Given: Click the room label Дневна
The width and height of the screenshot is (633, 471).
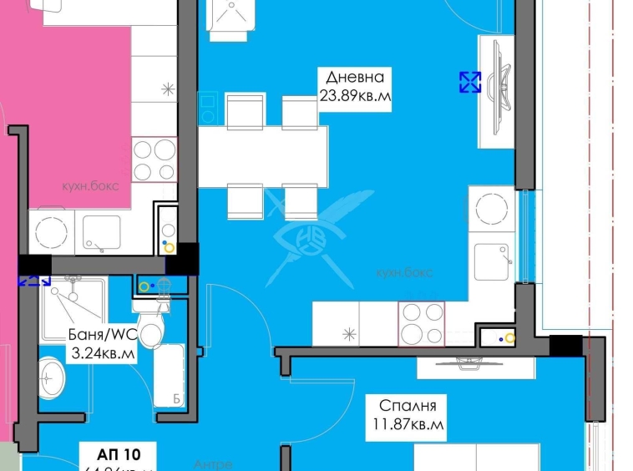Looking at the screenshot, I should click(355, 78).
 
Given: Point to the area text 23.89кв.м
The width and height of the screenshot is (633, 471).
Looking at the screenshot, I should click(355, 95).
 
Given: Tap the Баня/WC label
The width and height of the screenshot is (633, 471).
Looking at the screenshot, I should click(102, 336).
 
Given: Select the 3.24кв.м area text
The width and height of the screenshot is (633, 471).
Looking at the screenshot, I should click(101, 353).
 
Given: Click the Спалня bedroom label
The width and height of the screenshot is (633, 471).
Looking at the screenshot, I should click(408, 406).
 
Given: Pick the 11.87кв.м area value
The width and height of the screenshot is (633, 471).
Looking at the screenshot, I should click(408, 424).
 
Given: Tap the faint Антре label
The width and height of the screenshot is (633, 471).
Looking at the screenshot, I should click(213, 464).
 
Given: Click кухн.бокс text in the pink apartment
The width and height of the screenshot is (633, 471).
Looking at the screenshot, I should click(90, 185).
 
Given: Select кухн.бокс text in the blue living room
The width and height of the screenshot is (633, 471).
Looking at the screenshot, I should click(405, 272).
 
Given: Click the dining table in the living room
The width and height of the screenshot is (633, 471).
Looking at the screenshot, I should click(262, 156).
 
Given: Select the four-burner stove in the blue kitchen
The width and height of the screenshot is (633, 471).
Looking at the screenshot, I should click(422, 324).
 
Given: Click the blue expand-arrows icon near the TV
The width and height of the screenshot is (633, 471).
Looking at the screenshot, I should click(470, 82).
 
